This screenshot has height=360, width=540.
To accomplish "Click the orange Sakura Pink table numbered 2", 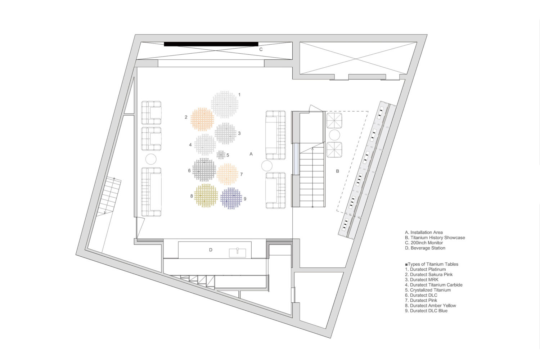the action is (x=202, y=119).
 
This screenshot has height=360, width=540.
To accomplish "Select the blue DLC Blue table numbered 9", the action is (x=231, y=198).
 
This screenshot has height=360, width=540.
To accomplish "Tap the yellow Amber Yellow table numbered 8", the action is (x=206, y=195).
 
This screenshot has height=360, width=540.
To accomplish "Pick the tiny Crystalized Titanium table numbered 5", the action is (x=221, y=155).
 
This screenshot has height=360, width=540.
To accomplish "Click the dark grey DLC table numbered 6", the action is (x=204, y=170).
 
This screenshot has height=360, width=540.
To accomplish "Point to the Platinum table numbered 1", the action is (x=225, y=104).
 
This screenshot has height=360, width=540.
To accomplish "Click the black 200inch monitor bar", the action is (x=211, y=44).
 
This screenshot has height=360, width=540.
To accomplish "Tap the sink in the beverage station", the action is (x=237, y=253).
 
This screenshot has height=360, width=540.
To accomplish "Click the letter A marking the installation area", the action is (x=251, y=154).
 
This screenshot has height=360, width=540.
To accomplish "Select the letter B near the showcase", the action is (x=338, y=171).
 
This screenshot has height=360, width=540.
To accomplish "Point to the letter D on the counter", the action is (x=211, y=250).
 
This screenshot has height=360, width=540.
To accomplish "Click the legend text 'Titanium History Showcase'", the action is (x=438, y=238).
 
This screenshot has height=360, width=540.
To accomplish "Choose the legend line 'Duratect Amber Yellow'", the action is (x=433, y=306).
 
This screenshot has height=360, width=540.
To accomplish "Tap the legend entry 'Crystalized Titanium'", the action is (x=430, y=290).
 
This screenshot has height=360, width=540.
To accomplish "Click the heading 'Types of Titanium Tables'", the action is (x=433, y=264).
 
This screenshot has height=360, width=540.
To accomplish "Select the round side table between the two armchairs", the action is (x=334, y=135).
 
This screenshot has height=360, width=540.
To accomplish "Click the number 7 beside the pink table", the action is (x=241, y=174).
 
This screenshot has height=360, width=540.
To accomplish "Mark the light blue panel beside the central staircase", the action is (x=296, y=159).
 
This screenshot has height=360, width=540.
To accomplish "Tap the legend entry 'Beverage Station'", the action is (x=428, y=248).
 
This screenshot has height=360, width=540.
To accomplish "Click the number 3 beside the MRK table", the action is (x=239, y=133).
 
